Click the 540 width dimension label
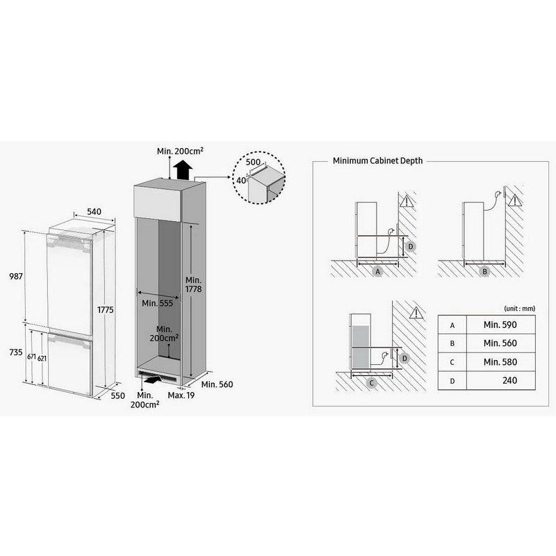pos(94,212)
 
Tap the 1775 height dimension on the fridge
pos(106,309)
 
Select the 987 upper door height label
pos(16,276)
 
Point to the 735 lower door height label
pos(16,352)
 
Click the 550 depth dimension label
pos(117,395)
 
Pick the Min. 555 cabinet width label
pos(158,303)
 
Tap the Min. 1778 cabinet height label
pos(194,284)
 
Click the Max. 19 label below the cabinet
pos(181,395)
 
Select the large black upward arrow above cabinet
pos(183,170)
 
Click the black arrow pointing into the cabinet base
pos(151,380)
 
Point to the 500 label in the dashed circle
pos(253,162)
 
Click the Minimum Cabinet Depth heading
pos(377,161)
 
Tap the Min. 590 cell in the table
pos(500,325)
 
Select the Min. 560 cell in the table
pos(500,343)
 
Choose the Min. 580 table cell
pos(500,361)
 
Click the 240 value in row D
pos(509,380)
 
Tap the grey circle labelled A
pos(377,272)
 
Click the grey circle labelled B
pos(484,272)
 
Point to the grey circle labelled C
pos(371,383)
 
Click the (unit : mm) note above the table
pos(519,309)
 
